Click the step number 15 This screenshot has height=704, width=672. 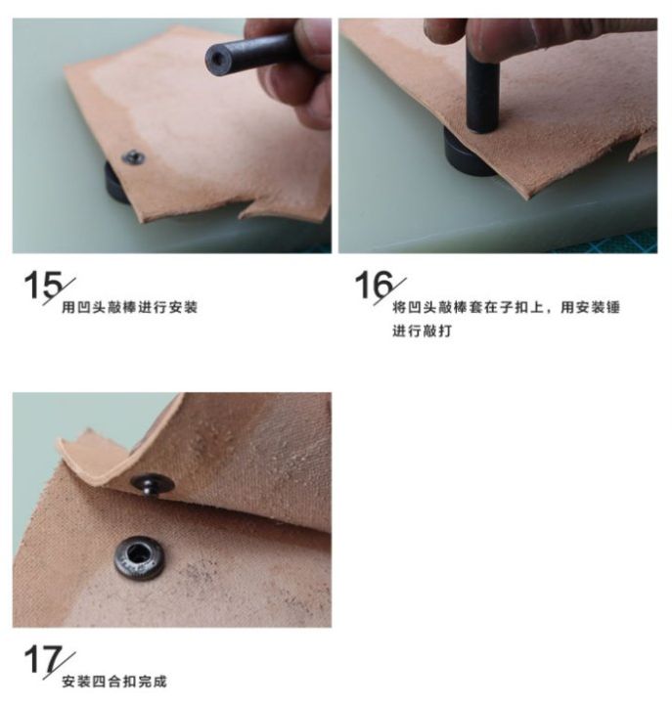(43, 285)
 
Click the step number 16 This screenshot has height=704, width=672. (374, 285)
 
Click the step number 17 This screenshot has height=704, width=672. (43, 660)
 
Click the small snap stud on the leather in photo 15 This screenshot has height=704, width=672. (133, 157)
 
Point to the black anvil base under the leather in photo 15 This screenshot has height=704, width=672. (115, 184)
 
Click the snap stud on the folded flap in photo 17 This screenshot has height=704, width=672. (153, 484)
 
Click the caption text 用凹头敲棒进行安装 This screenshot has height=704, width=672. (129, 308)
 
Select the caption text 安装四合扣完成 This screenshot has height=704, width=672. (114, 682)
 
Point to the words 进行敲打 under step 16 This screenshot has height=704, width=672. (422, 330)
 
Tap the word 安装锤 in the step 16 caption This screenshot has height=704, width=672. (590, 308)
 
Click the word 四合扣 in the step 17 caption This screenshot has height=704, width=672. (114, 682)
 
